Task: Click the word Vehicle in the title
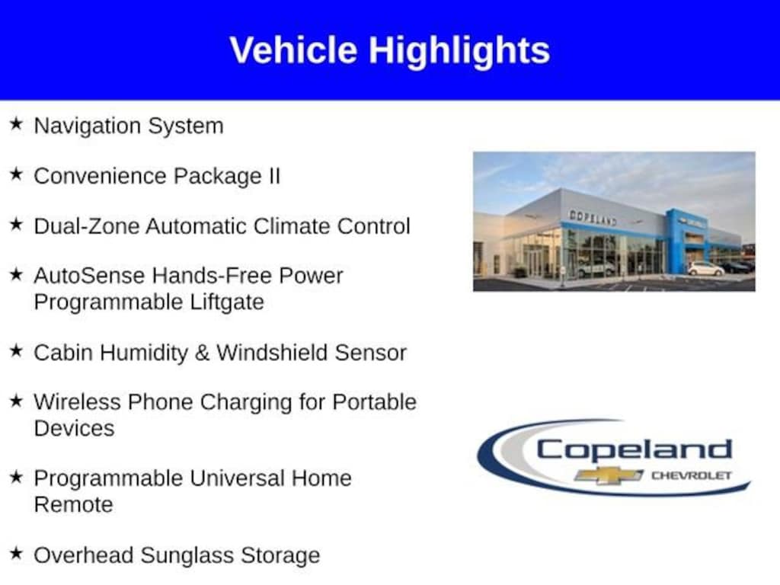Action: pyautogui.click(x=293, y=50)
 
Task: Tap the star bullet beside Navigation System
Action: pyautogui.click(x=17, y=124)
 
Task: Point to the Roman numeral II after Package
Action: pyautogui.click(x=274, y=176)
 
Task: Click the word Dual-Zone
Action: pyautogui.click(x=87, y=225)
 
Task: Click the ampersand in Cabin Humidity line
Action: pyautogui.click(x=202, y=353)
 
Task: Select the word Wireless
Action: pyautogui.click(x=77, y=402)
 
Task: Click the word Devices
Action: pyautogui.click(x=74, y=428)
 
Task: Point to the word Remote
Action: pyautogui.click(x=74, y=505)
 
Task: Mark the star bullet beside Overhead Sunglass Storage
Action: pyautogui.click(x=17, y=553)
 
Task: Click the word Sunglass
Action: pyautogui.click(x=187, y=556)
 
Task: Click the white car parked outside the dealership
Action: pyautogui.click(x=705, y=269)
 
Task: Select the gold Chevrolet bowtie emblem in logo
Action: pyautogui.click(x=609, y=475)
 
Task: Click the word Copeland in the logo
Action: pyautogui.click(x=635, y=450)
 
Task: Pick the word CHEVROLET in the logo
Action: pyautogui.click(x=692, y=475)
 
